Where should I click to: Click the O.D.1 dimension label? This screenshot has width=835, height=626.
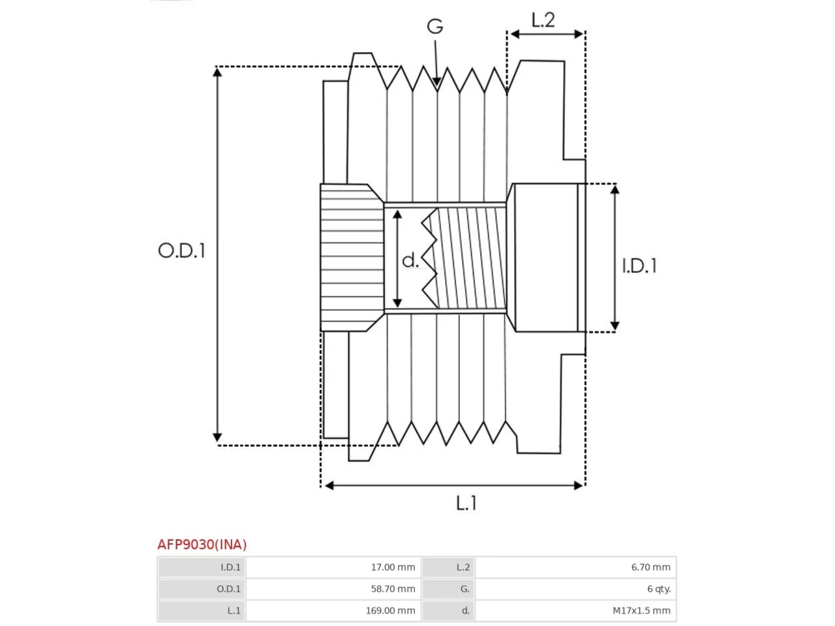(182, 250)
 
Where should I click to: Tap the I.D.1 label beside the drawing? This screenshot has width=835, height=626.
(639, 265)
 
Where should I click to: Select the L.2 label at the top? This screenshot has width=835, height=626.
(543, 20)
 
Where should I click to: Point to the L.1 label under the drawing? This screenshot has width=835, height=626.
(466, 503)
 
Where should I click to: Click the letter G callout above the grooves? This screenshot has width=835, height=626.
(435, 26)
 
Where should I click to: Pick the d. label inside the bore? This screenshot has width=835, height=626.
(410, 260)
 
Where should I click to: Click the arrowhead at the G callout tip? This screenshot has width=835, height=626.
(436, 82)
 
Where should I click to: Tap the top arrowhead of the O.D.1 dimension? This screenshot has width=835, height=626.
(217, 72)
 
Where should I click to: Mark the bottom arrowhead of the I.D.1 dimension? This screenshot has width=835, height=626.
(615, 326)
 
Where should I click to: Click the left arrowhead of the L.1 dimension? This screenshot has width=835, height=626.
(329, 485)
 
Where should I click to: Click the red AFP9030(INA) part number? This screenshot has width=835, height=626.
(202, 544)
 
